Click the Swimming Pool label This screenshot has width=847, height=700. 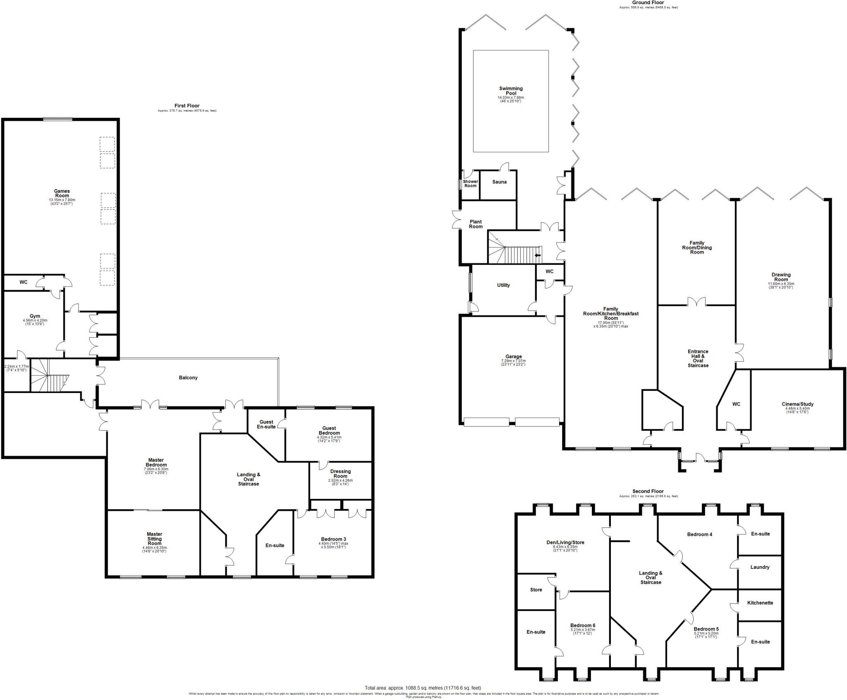[511, 91]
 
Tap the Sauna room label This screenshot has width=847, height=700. [499, 182]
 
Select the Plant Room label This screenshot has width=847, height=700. [476, 224]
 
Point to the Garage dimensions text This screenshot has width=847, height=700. [513, 363]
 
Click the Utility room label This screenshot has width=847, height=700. [503, 285]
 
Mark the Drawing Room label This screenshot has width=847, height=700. [781, 277]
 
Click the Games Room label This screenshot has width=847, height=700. [62, 193]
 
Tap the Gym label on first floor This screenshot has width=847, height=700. [35, 316]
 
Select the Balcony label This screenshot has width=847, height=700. [188, 378]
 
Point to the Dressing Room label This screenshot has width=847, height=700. [340, 474]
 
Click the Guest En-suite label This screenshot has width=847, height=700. [266, 424]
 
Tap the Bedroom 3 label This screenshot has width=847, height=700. [333, 539]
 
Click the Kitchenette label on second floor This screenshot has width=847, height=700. [760, 603]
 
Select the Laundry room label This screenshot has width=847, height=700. [760, 567]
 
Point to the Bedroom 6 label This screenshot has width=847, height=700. [583, 625]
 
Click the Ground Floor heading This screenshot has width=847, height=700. [648, 2]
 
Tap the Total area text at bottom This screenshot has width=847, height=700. [423, 688]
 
